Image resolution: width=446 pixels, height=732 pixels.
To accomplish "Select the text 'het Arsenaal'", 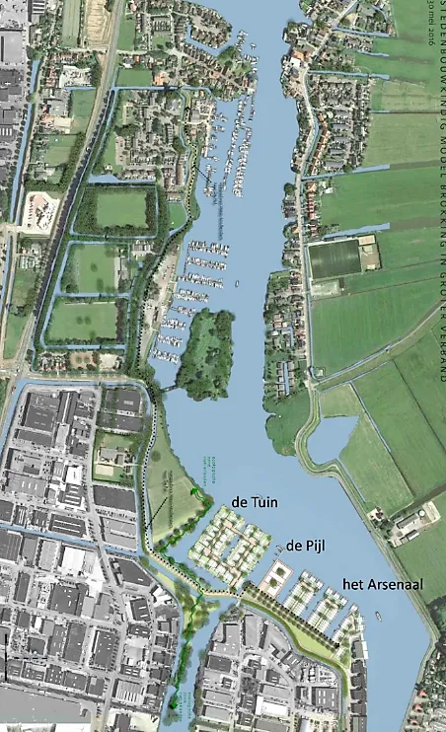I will (383, 585).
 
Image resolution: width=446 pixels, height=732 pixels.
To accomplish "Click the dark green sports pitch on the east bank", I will (334, 259).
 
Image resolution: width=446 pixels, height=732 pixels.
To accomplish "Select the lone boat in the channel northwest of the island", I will (237, 285).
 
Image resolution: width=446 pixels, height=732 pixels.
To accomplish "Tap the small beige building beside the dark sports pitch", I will (368, 255).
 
